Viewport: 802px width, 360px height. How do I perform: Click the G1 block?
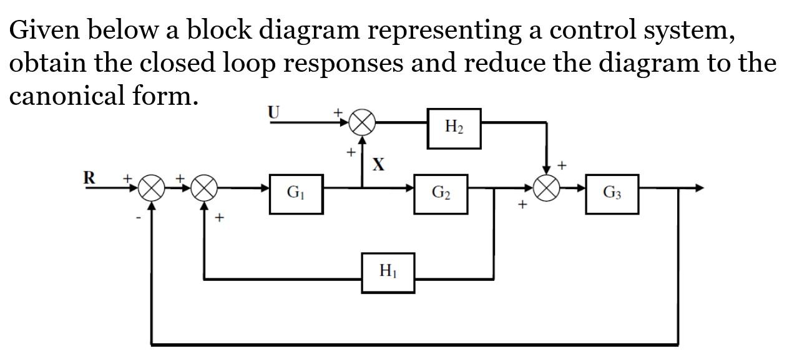296,194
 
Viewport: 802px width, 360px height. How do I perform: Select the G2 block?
441,194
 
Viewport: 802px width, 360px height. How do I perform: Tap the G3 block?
612,194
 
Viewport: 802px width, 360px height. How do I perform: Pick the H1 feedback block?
388,273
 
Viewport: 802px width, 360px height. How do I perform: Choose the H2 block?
454,128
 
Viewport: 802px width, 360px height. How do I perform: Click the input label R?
90,178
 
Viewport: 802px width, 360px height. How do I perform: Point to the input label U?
273,112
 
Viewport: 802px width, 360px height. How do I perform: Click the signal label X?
378,165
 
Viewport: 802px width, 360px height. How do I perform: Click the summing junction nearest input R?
151,188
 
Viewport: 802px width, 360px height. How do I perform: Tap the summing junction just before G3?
547,188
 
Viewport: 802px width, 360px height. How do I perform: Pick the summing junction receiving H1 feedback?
204,188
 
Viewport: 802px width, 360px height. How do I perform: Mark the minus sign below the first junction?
139,218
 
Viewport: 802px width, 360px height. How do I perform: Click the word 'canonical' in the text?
67,96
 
